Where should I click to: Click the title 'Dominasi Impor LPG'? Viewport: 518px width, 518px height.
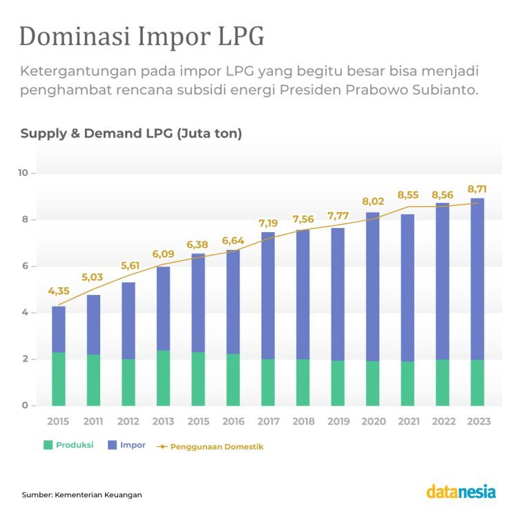[141, 37]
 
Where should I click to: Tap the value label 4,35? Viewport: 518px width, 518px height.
[59, 291]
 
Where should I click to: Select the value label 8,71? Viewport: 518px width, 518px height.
[478, 189]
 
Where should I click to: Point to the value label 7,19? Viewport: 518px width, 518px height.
[268, 223]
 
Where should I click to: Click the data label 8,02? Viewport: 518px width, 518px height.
[373, 202]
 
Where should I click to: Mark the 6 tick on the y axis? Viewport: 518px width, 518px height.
[24, 266]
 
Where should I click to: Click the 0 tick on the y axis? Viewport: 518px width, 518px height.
[24, 405]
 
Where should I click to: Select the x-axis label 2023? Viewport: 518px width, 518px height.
[477, 420]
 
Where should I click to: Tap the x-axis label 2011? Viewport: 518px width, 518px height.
[93, 420]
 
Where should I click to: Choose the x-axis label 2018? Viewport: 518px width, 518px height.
[303, 420]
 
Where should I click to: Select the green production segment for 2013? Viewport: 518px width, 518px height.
[163, 378]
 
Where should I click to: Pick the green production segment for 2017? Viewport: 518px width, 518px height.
[268, 382]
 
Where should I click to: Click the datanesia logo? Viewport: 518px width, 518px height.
[461, 492]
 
